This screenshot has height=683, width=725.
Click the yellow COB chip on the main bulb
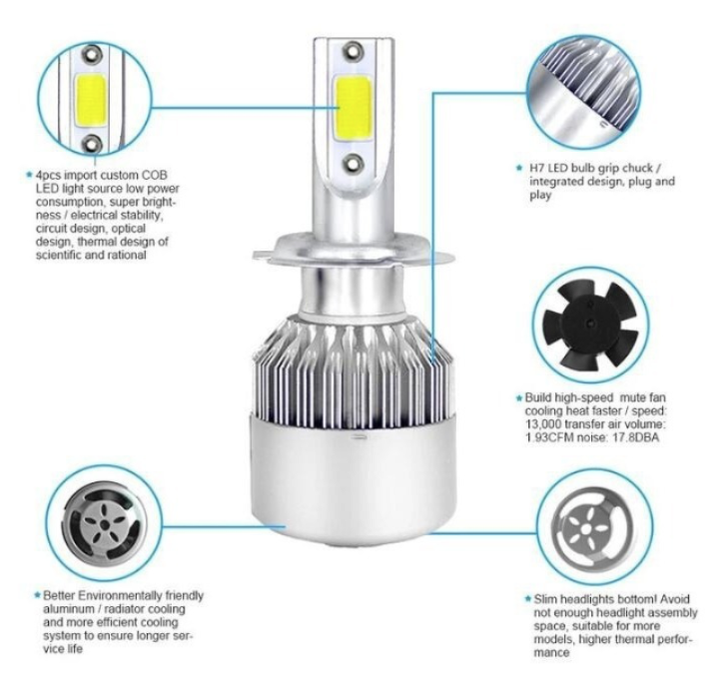tap(353, 109)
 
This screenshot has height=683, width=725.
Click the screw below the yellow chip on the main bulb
tap(353, 164)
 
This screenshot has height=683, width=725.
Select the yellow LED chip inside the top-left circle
tap(91, 99)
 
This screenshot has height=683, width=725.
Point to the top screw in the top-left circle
tap(92, 54)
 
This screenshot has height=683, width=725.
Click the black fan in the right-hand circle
tap(590, 325)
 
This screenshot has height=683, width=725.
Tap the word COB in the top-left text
tap(155, 176)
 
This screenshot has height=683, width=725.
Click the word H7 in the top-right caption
tap(536, 168)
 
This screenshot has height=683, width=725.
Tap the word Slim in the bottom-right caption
tap(544, 599)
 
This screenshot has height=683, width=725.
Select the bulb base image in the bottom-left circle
tap(105, 523)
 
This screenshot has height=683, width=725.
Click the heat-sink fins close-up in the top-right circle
tap(585, 91)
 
